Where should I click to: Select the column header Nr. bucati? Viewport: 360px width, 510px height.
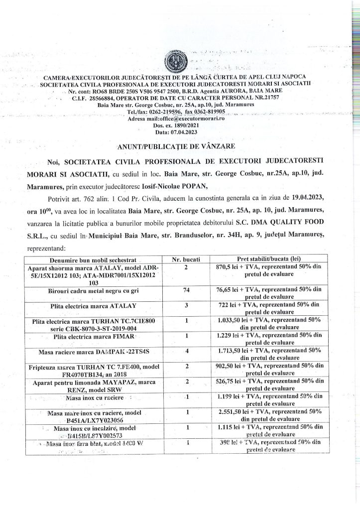coord(185,259)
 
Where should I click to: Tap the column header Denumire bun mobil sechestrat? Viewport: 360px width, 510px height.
coord(93,259)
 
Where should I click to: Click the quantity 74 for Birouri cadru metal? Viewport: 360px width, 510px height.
coord(185,289)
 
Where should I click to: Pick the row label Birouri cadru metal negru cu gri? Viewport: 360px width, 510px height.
coord(93,290)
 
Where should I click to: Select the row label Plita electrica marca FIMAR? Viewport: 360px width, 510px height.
coord(93,337)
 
